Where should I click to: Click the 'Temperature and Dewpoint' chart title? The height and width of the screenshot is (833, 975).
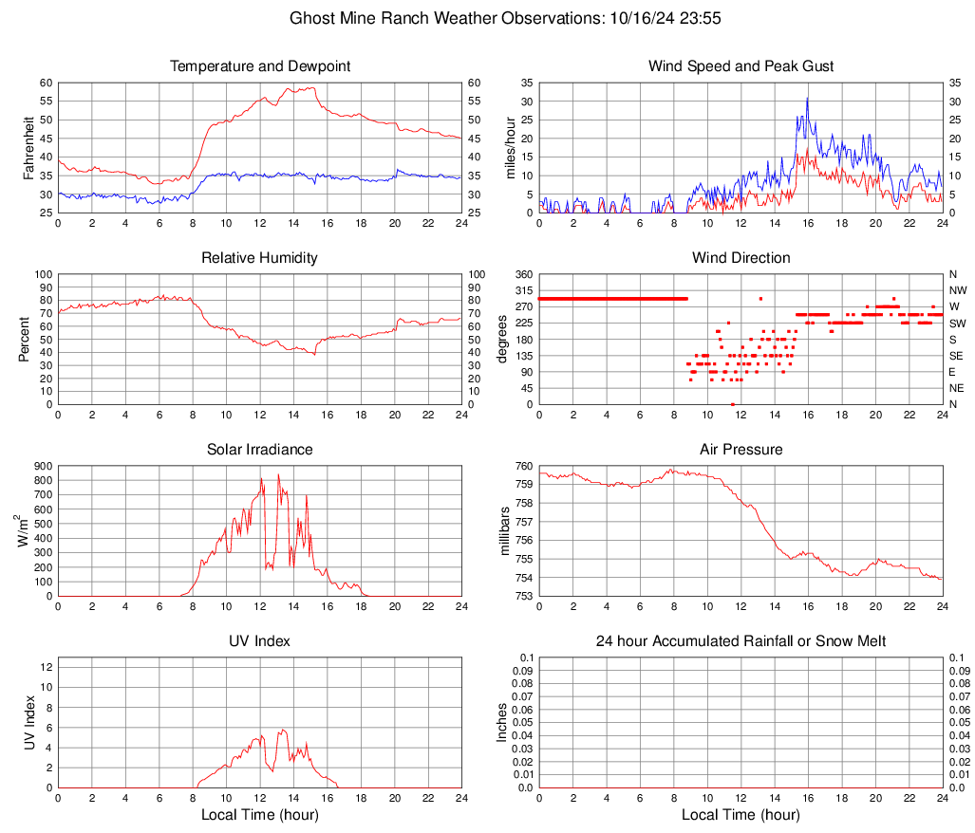pos(259,66)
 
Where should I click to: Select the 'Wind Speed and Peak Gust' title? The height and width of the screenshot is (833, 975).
pos(741,66)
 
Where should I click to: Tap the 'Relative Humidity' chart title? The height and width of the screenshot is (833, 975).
pos(259,258)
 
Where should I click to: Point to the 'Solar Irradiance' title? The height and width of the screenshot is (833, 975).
pos(259,450)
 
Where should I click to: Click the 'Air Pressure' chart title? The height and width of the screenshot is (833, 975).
pos(741,450)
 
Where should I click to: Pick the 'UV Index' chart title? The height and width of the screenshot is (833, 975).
pos(259,641)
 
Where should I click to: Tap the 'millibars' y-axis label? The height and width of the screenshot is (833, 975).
pos(504,531)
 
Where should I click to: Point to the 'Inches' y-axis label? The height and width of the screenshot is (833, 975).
pos(504,722)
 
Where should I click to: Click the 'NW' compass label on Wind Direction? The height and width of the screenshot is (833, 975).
pos(958,290)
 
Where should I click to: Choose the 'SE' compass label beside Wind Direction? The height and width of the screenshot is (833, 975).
pos(957,356)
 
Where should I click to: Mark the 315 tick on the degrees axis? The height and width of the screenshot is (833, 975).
pos(521,290)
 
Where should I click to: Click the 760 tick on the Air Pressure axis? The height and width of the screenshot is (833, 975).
pos(521,466)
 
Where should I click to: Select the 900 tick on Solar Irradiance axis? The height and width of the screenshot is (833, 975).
pos(42,466)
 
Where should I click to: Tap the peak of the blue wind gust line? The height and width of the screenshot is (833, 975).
pos(808,98)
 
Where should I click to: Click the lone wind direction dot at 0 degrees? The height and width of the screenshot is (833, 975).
pos(733,403)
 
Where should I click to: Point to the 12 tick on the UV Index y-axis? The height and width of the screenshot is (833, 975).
pos(46,667)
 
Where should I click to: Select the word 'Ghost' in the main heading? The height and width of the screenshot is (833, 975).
pos(310,18)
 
